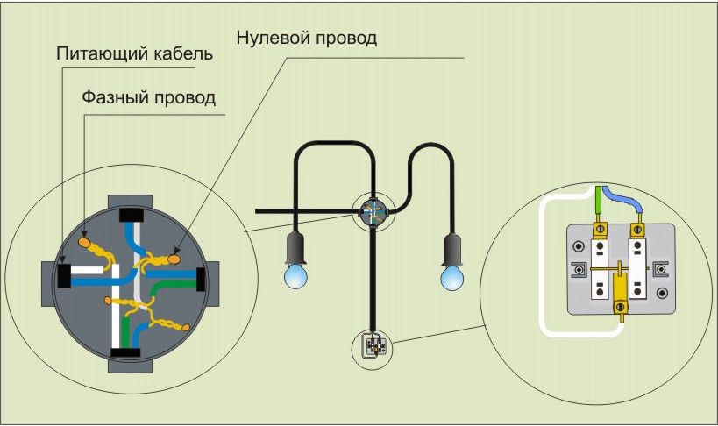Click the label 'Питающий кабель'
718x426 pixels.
(134, 53)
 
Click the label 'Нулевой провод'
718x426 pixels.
(307, 39)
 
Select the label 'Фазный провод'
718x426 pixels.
(148, 96)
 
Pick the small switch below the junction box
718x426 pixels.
(372, 345)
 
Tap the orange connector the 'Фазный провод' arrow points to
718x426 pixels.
(86, 239)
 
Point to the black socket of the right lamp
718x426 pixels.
(451, 248)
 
